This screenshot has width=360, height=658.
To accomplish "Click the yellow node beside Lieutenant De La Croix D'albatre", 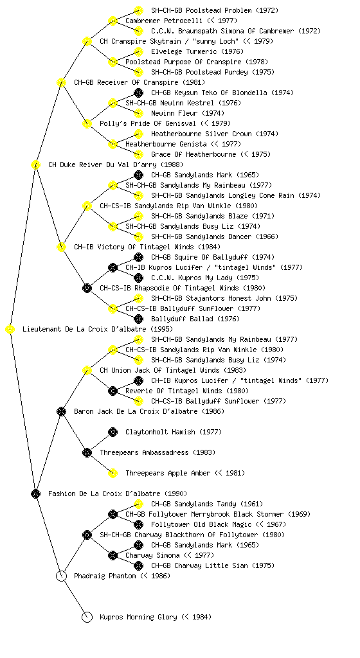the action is pyautogui.click(x=10, y=330).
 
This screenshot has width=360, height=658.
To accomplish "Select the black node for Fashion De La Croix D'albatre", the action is pyautogui.click(x=35, y=494).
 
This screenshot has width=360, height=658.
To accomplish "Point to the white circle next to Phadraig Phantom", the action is pyautogui.click(x=61, y=576).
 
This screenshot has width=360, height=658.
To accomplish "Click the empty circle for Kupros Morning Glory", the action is pyautogui.click(x=87, y=618).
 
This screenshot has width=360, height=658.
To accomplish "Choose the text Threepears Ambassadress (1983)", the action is pyautogui.click(x=157, y=453).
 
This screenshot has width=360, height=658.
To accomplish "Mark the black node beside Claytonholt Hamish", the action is pyautogui.click(x=113, y=432).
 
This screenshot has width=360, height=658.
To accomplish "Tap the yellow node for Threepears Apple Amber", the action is pyautogui.click(x=113, y=474).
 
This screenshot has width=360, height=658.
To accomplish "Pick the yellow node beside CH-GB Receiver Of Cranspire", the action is pyautogui.click(x=61, y=83).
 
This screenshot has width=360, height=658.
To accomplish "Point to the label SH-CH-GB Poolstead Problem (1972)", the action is pyautogui.click(x=215, y=10).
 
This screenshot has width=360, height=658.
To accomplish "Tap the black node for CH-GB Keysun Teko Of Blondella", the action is pyautogui.click(x=138, y=93).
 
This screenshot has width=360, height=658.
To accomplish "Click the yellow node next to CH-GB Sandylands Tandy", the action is pyautogui.click(x=138, y=504).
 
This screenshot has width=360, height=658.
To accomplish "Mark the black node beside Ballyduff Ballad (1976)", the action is pyautogui.click(x=138, y=319).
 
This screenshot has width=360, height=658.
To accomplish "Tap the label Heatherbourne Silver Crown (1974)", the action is pyautogui.click(x=215, y=134).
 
